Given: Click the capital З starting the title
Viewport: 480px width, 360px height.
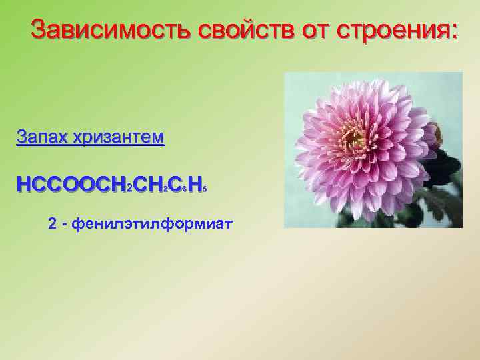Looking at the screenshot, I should click(x=40, y=30).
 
